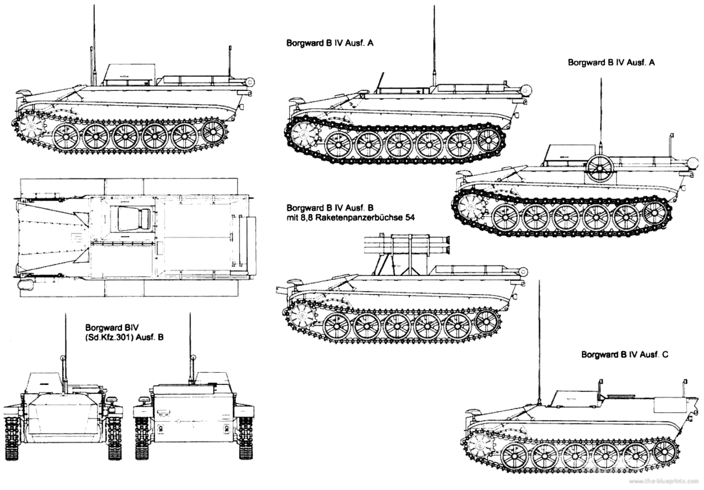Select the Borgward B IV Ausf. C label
pos(624,354)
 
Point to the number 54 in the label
pos(419,219)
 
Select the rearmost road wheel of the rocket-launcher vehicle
pos(487,320)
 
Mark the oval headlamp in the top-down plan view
pos(27,284)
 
